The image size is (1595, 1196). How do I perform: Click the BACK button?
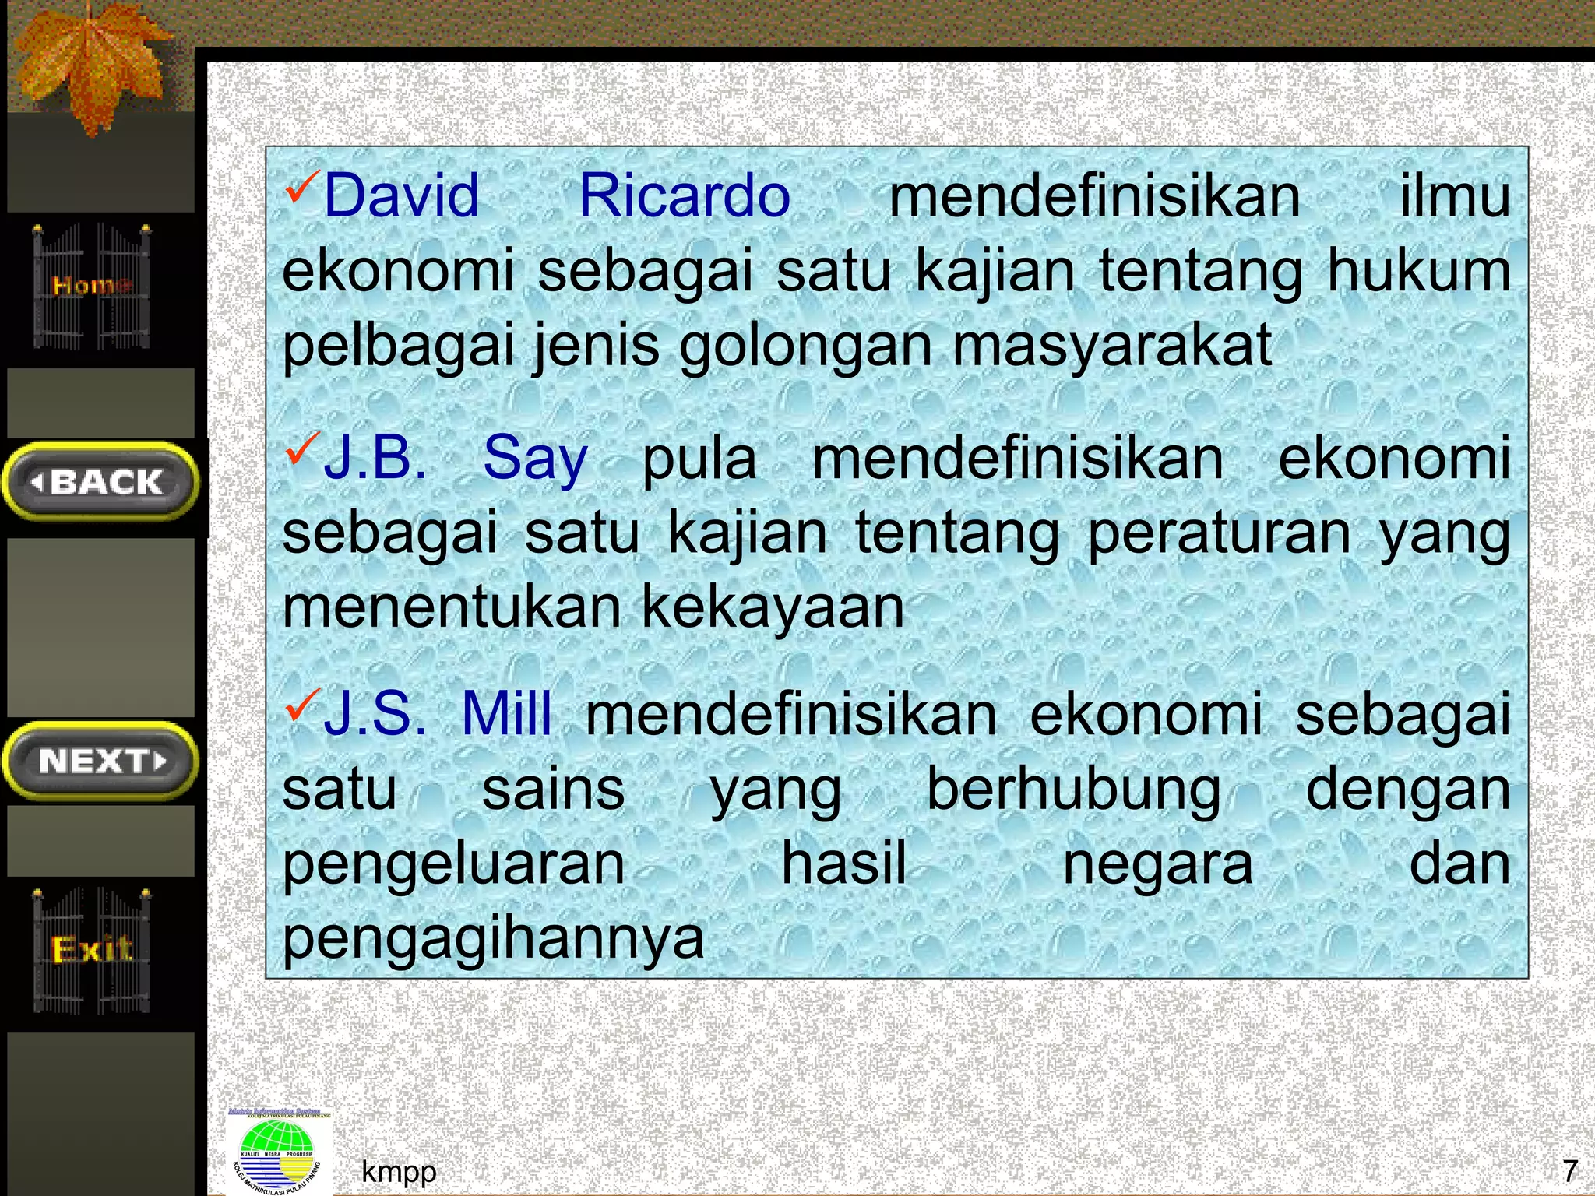[x=101, y=482]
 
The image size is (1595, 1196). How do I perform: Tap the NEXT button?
[x=101, y=761]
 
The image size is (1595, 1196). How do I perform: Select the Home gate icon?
[x=92, y=286]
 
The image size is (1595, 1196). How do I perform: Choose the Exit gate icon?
[x=92, y=950]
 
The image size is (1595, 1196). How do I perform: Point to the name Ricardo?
[x=685, y=195]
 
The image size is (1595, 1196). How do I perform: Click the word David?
[x=401, y=195]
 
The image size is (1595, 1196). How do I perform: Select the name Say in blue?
[x=535, y=459]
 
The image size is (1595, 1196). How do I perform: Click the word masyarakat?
[x=1112, y=345]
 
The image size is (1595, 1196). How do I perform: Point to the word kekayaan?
[x=773, y=607]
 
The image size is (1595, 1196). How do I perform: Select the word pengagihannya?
[x=493, y=938]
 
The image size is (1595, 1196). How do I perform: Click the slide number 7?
[x=1570, y=1170]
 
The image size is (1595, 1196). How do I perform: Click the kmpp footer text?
[x=399, y=1171]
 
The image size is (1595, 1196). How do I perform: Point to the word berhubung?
[x=1073, y=790]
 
